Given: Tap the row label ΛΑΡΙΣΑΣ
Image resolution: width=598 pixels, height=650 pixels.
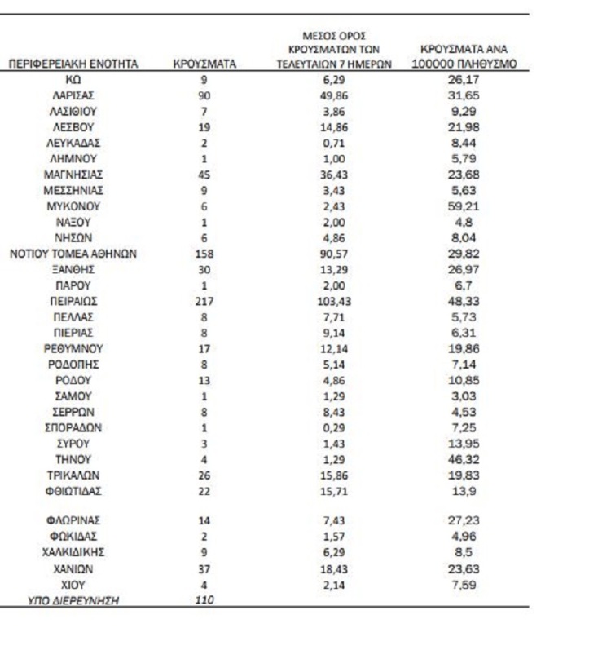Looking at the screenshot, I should pyautogui.click(x=73, y=95).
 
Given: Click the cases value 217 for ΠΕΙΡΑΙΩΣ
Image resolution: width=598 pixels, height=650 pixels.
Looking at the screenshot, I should pyautogui.click(x=204, y=301).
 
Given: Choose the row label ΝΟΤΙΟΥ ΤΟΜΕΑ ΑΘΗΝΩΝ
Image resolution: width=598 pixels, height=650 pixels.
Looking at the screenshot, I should pyautogui.click(x=73, y=254).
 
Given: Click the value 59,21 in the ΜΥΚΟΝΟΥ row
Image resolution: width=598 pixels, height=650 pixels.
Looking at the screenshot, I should pyautogui.click(x=462, y=206).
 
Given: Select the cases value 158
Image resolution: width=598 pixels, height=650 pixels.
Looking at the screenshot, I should pyautogui.click(x=204, y=254).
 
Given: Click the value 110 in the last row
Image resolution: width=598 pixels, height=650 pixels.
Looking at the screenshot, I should pyautogui.click(x=204, y=600).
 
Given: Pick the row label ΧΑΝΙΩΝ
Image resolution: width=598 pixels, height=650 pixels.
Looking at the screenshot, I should pyautogui.click(x=73, y=568).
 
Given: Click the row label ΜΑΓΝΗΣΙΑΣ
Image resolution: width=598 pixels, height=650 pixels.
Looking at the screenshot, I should pyautogui.click(x=73, y=175).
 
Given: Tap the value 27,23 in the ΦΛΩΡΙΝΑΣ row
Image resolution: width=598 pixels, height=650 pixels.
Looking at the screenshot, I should pyautogui.click(x=462, y=520).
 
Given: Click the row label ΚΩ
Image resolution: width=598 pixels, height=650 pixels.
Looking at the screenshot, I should pyautogui.click(x=73, y=80).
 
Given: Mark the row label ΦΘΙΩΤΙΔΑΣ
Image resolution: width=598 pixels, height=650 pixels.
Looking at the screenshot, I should pyautogui.click(x=73, y=491).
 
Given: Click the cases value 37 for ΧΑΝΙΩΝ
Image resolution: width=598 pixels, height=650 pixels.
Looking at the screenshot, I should pyautogui.click(x=204, y=568).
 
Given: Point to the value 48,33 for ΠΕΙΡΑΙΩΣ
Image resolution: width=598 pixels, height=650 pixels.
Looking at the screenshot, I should pyautogui.click(x=462, y=301).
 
